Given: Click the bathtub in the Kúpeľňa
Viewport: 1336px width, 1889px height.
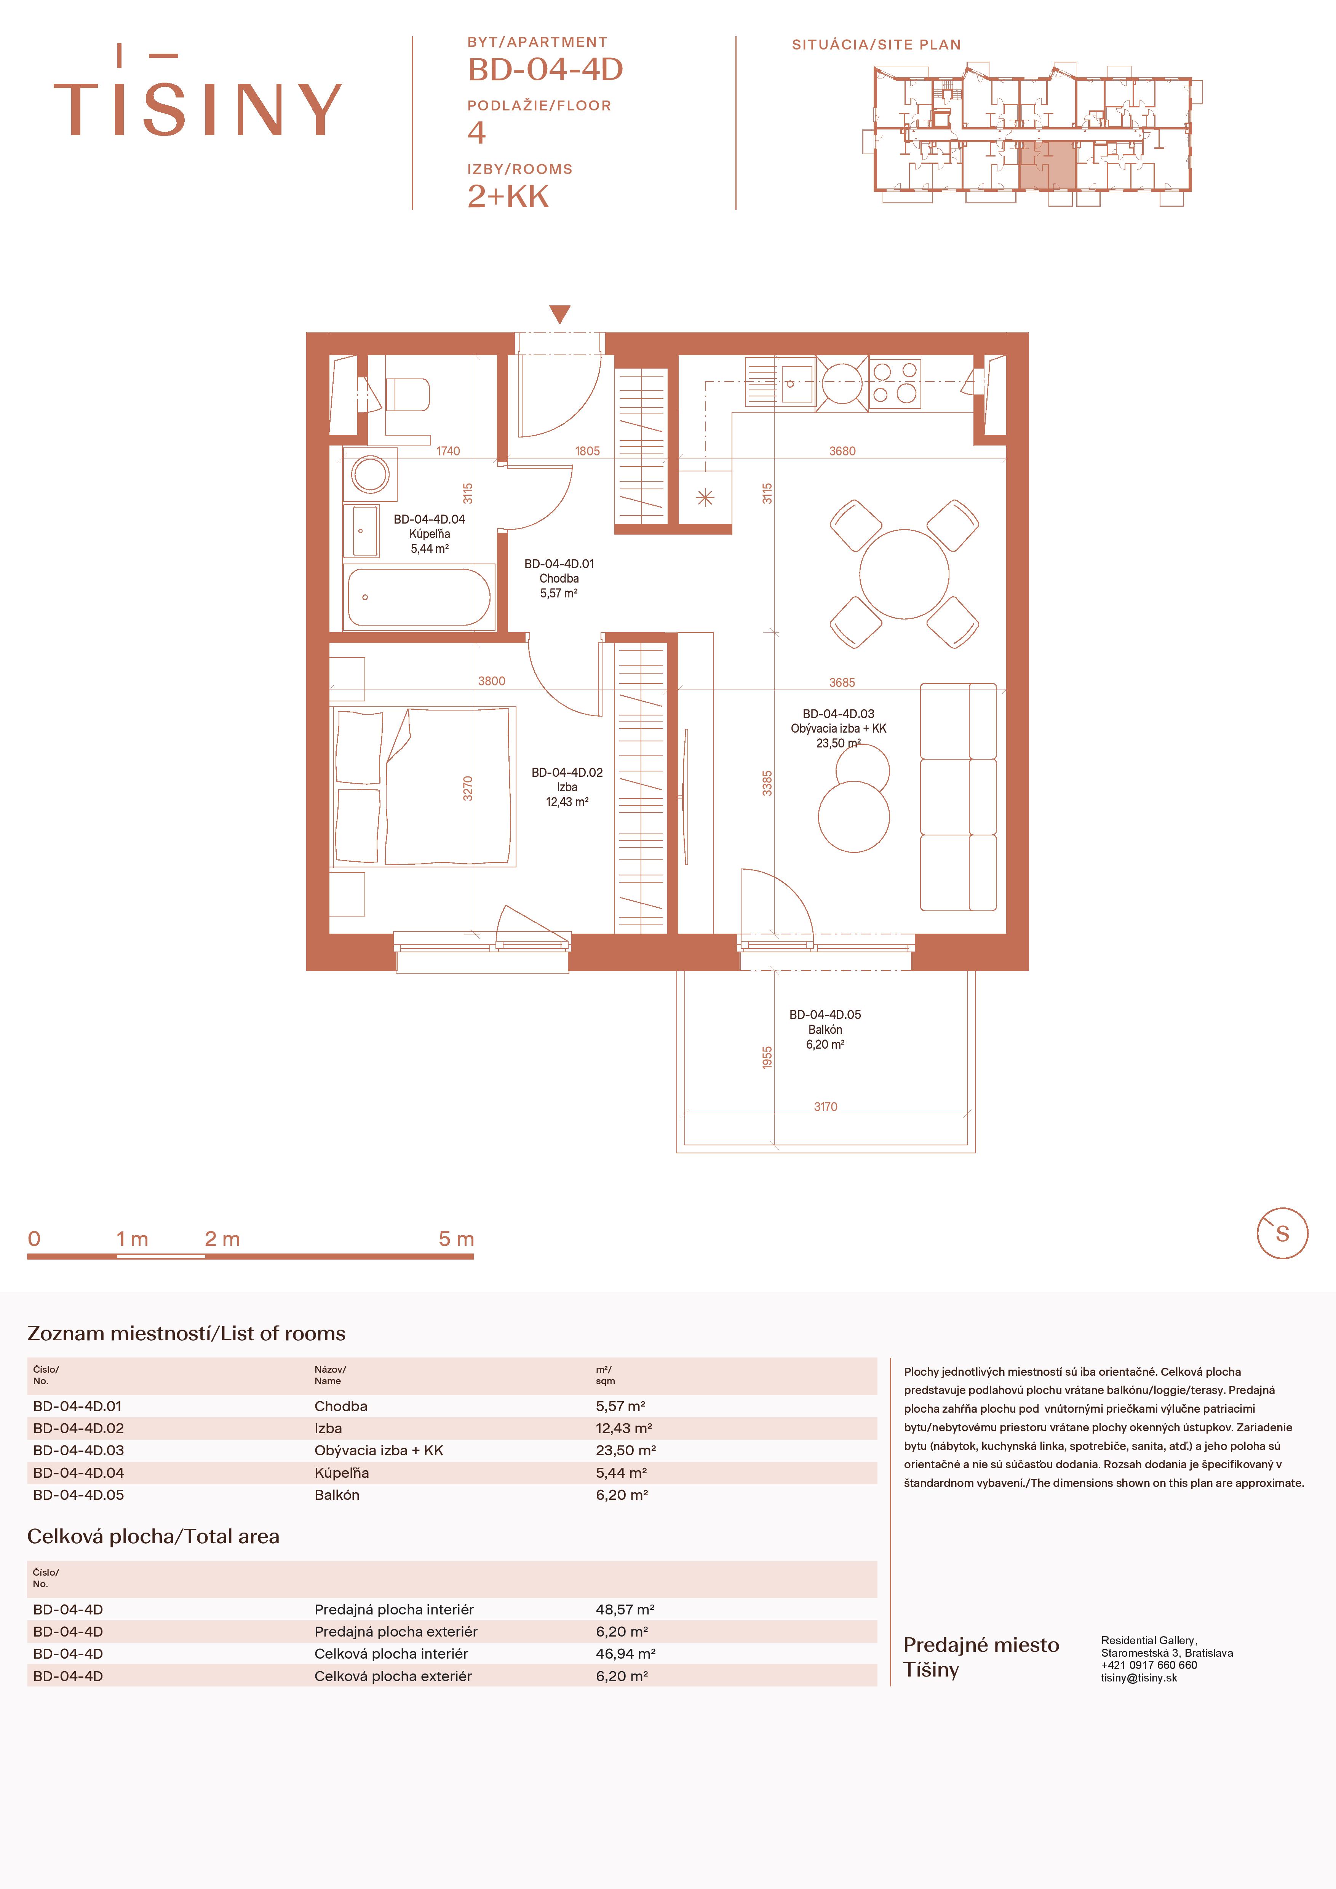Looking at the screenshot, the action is [x=420, y=597].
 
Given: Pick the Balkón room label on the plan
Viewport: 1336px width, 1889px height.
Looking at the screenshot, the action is [x=825, y=1029].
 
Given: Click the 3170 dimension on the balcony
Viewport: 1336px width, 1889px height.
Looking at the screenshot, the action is [x=825, y=1107].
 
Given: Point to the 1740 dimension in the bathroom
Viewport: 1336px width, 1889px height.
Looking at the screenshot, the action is [x=448, y=451].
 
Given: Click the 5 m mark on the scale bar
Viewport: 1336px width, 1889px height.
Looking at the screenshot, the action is [x=457, y=1239].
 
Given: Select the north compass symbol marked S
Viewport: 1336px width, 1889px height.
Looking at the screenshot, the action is [x=1282, y=1233].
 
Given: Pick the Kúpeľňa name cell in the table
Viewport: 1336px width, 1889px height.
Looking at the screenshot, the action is [x=341, y=1473].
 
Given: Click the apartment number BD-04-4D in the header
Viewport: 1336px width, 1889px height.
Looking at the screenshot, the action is [x=545, y=69].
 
